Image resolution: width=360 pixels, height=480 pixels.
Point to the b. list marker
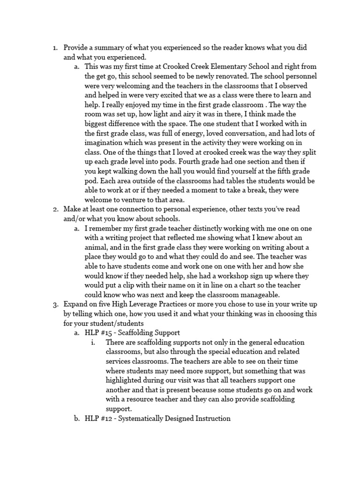77,418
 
